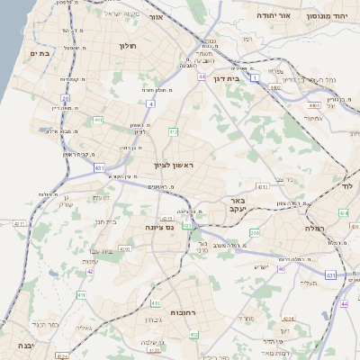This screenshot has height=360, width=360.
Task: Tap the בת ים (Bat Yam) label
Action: pos(38,54)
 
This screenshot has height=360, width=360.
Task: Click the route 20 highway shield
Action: pos(65,98)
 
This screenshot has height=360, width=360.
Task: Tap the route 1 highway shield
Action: pos(255,79)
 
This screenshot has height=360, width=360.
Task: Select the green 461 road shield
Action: pos(97,120)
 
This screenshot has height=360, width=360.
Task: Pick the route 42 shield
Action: pos(90,270)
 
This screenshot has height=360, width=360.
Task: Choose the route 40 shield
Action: pos(281,268)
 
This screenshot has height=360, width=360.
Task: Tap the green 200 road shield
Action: pos(255,232)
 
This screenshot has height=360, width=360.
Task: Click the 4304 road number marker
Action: pos(288,319)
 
